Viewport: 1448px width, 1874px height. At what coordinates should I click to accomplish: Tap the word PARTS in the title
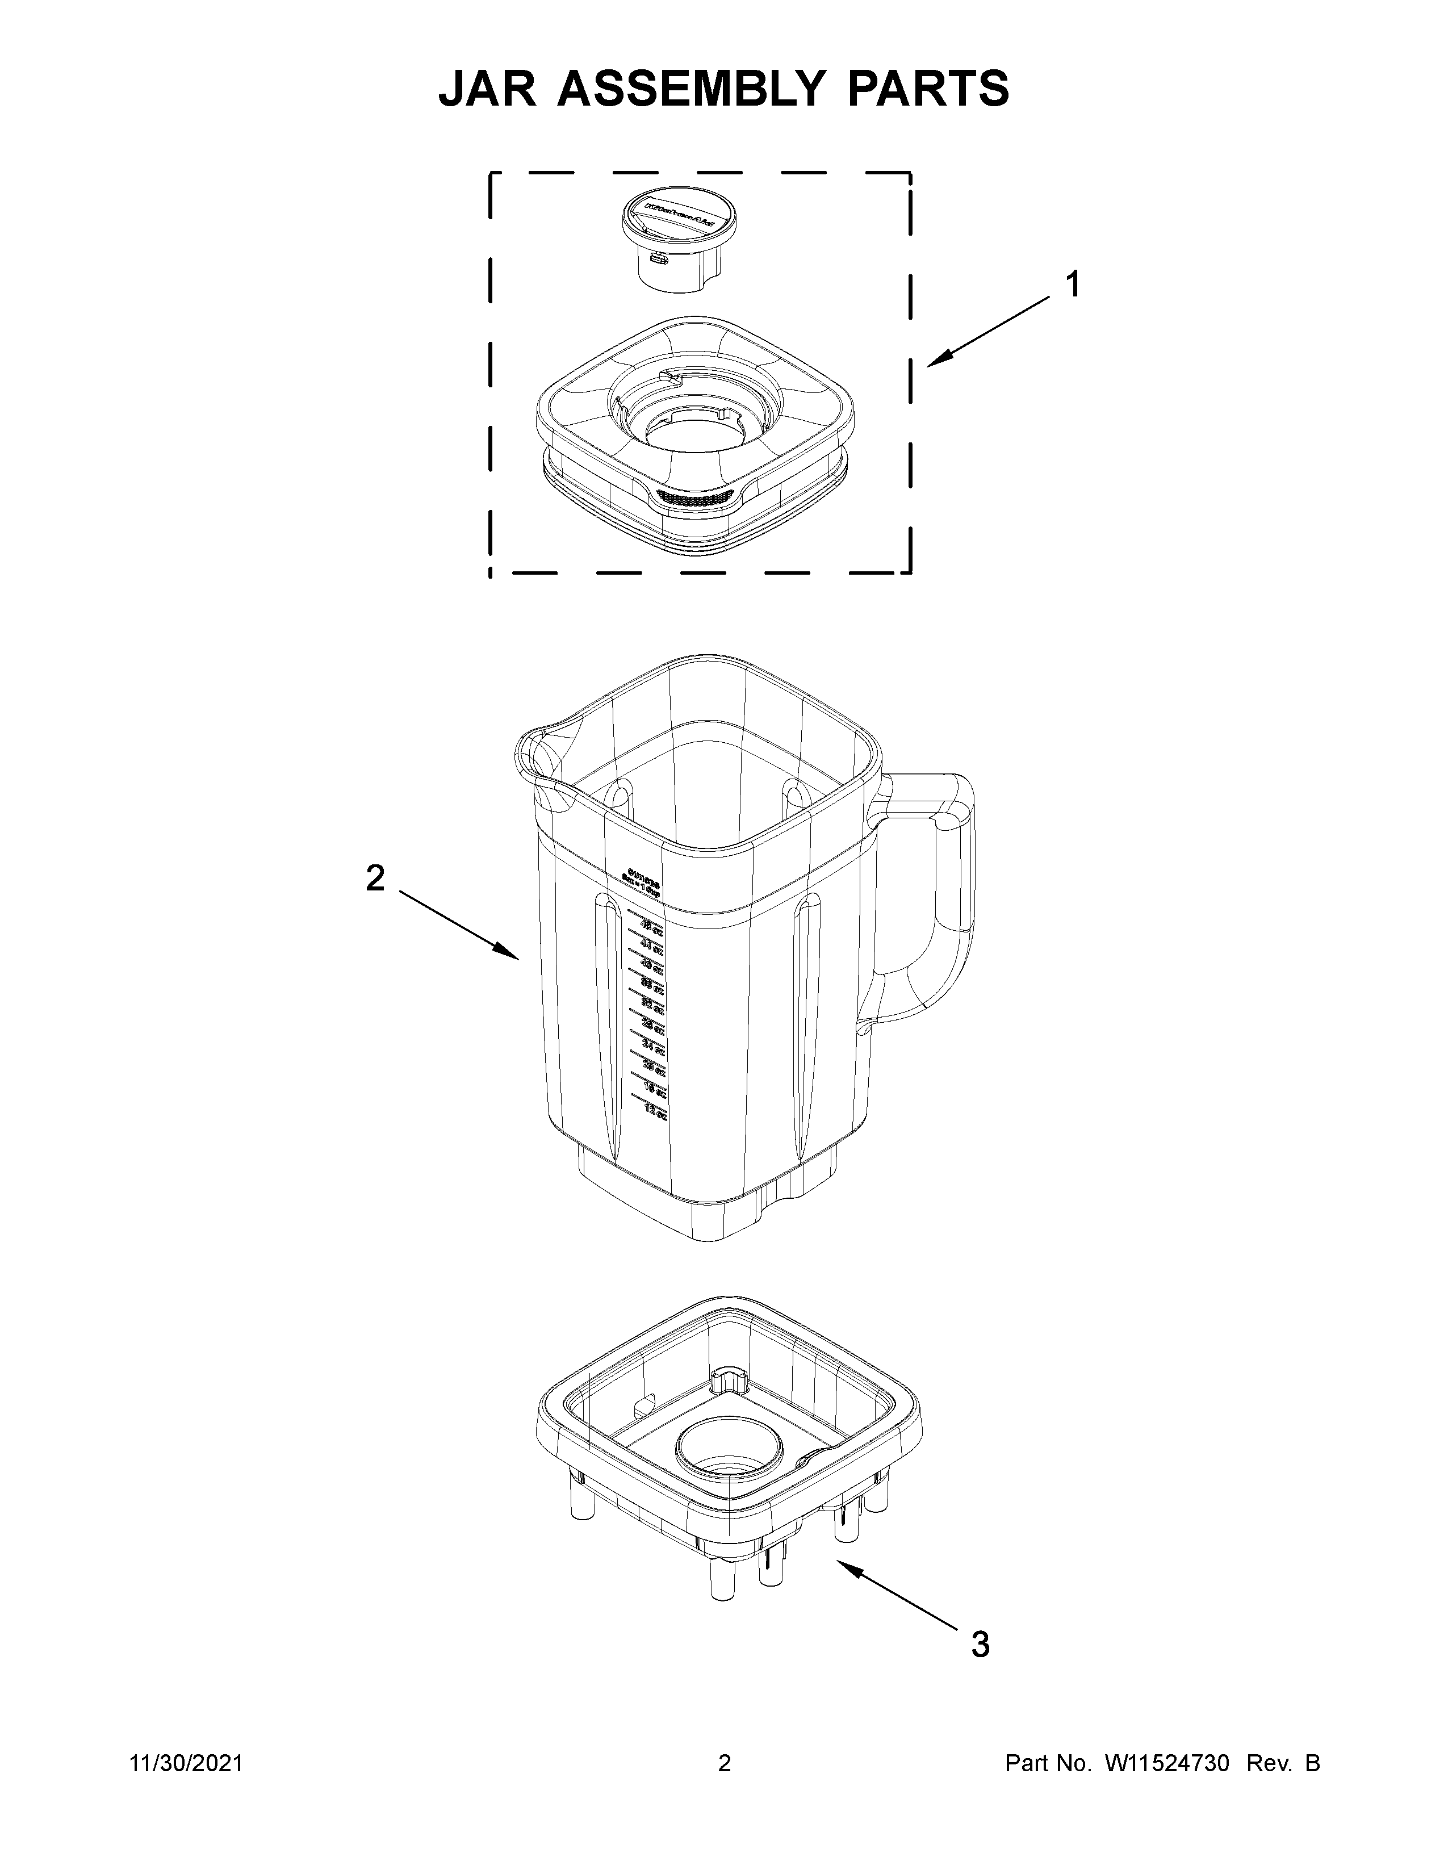click(x=928, y=89)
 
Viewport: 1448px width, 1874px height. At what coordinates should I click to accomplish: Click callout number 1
click(x=1072, y=284)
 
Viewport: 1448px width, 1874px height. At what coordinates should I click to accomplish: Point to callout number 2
click(x=375, y=878)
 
